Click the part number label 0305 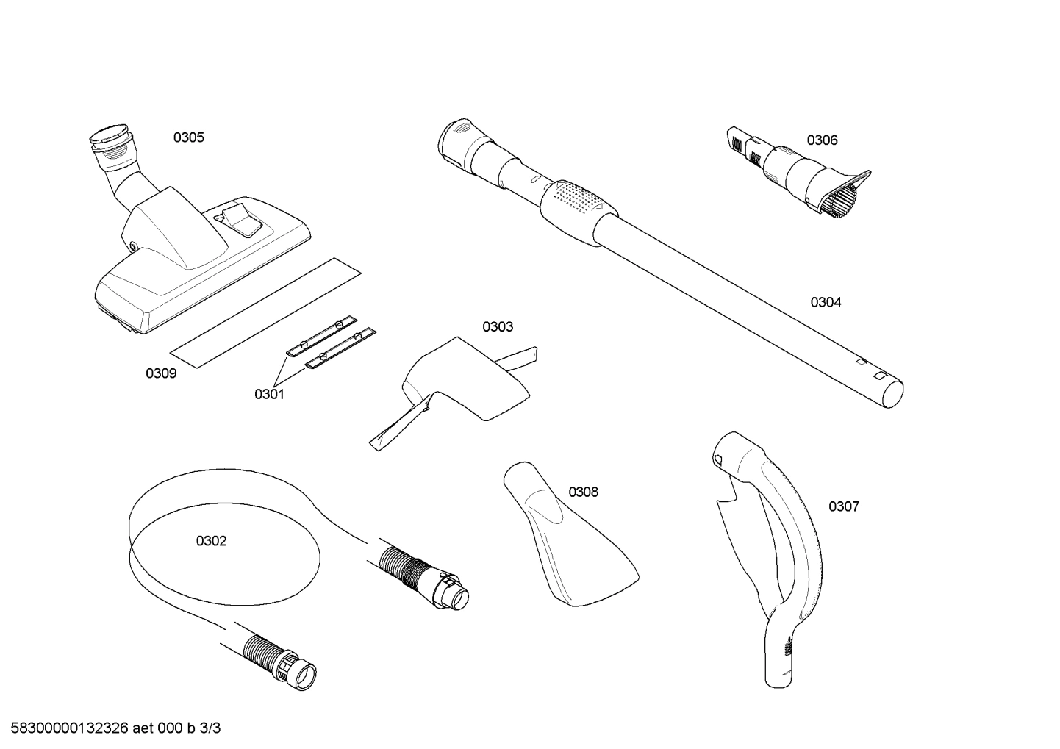pyautogui.click(x=189, y=137)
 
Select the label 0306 pyautogui.click(x=822, y=140)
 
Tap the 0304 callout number pyautogui.click(x=826, y=302)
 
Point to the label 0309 pyautogui.click(x=161, y=373)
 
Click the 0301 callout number pyautogui.click(x=269, y=394)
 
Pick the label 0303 pyautogui.click(x=498, y=326)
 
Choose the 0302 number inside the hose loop pyautogui.click(x=211, y=541)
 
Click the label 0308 pyautogui.click(x=583, y=492)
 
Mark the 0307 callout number pyautogui.click(x=843, y=506)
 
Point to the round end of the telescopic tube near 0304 pyautogui.click(x=891, y=393)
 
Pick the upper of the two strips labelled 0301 pyautogui.click(x=321, y=334)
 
